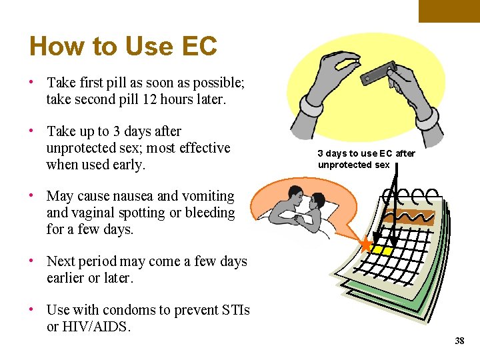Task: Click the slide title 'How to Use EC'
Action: (123, 47)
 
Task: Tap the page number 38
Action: (459, 341)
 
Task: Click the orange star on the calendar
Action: (366, 244)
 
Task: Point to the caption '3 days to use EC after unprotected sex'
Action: (366, 159)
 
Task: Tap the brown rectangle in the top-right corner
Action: (449, 11)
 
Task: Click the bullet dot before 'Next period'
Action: (32, 261)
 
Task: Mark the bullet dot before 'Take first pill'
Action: (32, 83)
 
